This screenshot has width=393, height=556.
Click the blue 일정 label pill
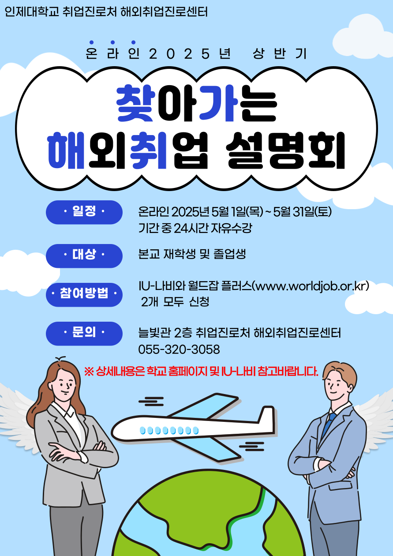pyautogui.click(x=84, y=212)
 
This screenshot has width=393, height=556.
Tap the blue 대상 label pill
pyautogui.click(x=84, y=255)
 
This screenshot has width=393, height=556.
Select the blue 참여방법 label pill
pyautogui.click(x=84, y=295)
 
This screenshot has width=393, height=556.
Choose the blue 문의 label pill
pyautogui.click(x=84, y=333)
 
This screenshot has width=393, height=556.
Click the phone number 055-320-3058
pyautogui.click(x=179, y=349)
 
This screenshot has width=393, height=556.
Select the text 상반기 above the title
pyautogui.click(x=280, y=54)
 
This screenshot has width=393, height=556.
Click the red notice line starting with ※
pyautogui.click(x=201, y=372)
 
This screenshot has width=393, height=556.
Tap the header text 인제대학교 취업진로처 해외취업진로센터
pyautogui.click(x=106, y=11)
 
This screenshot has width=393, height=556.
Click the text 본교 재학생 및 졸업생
pyautogui.click(x=192, y=254)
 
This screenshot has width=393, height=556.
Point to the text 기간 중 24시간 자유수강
pyautogui.click(x=195, y=228)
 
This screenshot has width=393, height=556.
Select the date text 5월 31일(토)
pyautogui.click(x=302, y=212)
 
